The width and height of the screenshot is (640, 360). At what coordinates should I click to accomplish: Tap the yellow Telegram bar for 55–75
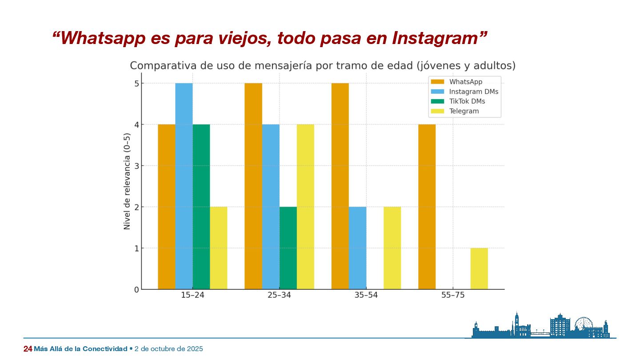coord(479,268)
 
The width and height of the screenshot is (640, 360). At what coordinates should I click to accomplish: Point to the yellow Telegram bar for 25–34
coord(305,207)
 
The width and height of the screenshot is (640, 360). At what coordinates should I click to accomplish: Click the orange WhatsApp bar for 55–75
coord(427,207)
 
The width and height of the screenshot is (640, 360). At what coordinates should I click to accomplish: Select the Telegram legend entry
coord(464,111)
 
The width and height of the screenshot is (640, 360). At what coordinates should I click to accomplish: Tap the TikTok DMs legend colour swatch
coord(437,101)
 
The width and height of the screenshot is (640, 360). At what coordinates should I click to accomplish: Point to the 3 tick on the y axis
coord(136,166)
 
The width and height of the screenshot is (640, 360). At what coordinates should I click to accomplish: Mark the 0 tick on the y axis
coord(136,289)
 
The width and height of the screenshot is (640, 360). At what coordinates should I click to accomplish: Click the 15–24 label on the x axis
coord(192,296)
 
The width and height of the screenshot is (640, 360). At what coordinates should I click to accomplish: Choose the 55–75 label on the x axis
coord(453,296)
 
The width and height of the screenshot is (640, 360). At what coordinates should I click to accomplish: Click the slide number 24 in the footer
coord(28,349)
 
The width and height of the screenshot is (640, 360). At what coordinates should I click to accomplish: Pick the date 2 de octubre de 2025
coord(168,349)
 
